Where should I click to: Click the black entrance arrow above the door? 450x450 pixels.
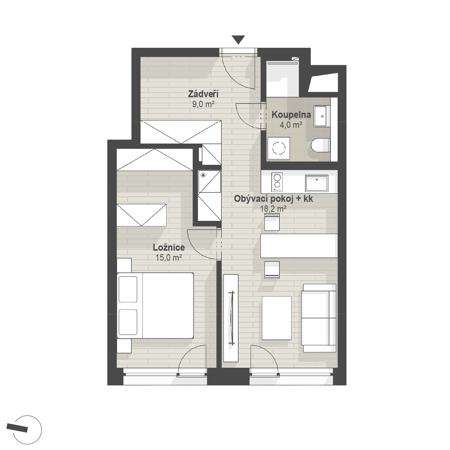click(238, 40)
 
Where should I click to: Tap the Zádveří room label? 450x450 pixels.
click(203, 94)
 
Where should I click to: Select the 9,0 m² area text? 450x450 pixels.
click(203, 104)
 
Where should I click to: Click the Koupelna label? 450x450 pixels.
click(291, 115)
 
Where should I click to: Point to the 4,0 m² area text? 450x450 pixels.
click(291, 125)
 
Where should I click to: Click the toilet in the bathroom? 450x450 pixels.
click(321, 145)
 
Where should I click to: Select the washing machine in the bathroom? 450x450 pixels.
click(279, 148)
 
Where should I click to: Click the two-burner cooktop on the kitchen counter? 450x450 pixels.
click(277, 182)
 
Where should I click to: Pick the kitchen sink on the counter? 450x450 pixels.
click(317, 183)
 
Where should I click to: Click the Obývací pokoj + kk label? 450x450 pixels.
click(273, 198)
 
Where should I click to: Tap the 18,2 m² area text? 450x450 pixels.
click(273, 208)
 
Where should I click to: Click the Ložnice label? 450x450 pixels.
click(169, 247)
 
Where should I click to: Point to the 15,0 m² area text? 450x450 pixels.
click(169, 258)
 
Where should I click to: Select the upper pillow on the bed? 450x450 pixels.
click(128, 289)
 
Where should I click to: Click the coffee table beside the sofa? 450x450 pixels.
click(277, 318)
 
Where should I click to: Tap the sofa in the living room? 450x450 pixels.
click(319, 318)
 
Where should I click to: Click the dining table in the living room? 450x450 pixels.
click(299, 246)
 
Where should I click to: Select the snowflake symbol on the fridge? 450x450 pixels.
click(203, 175)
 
